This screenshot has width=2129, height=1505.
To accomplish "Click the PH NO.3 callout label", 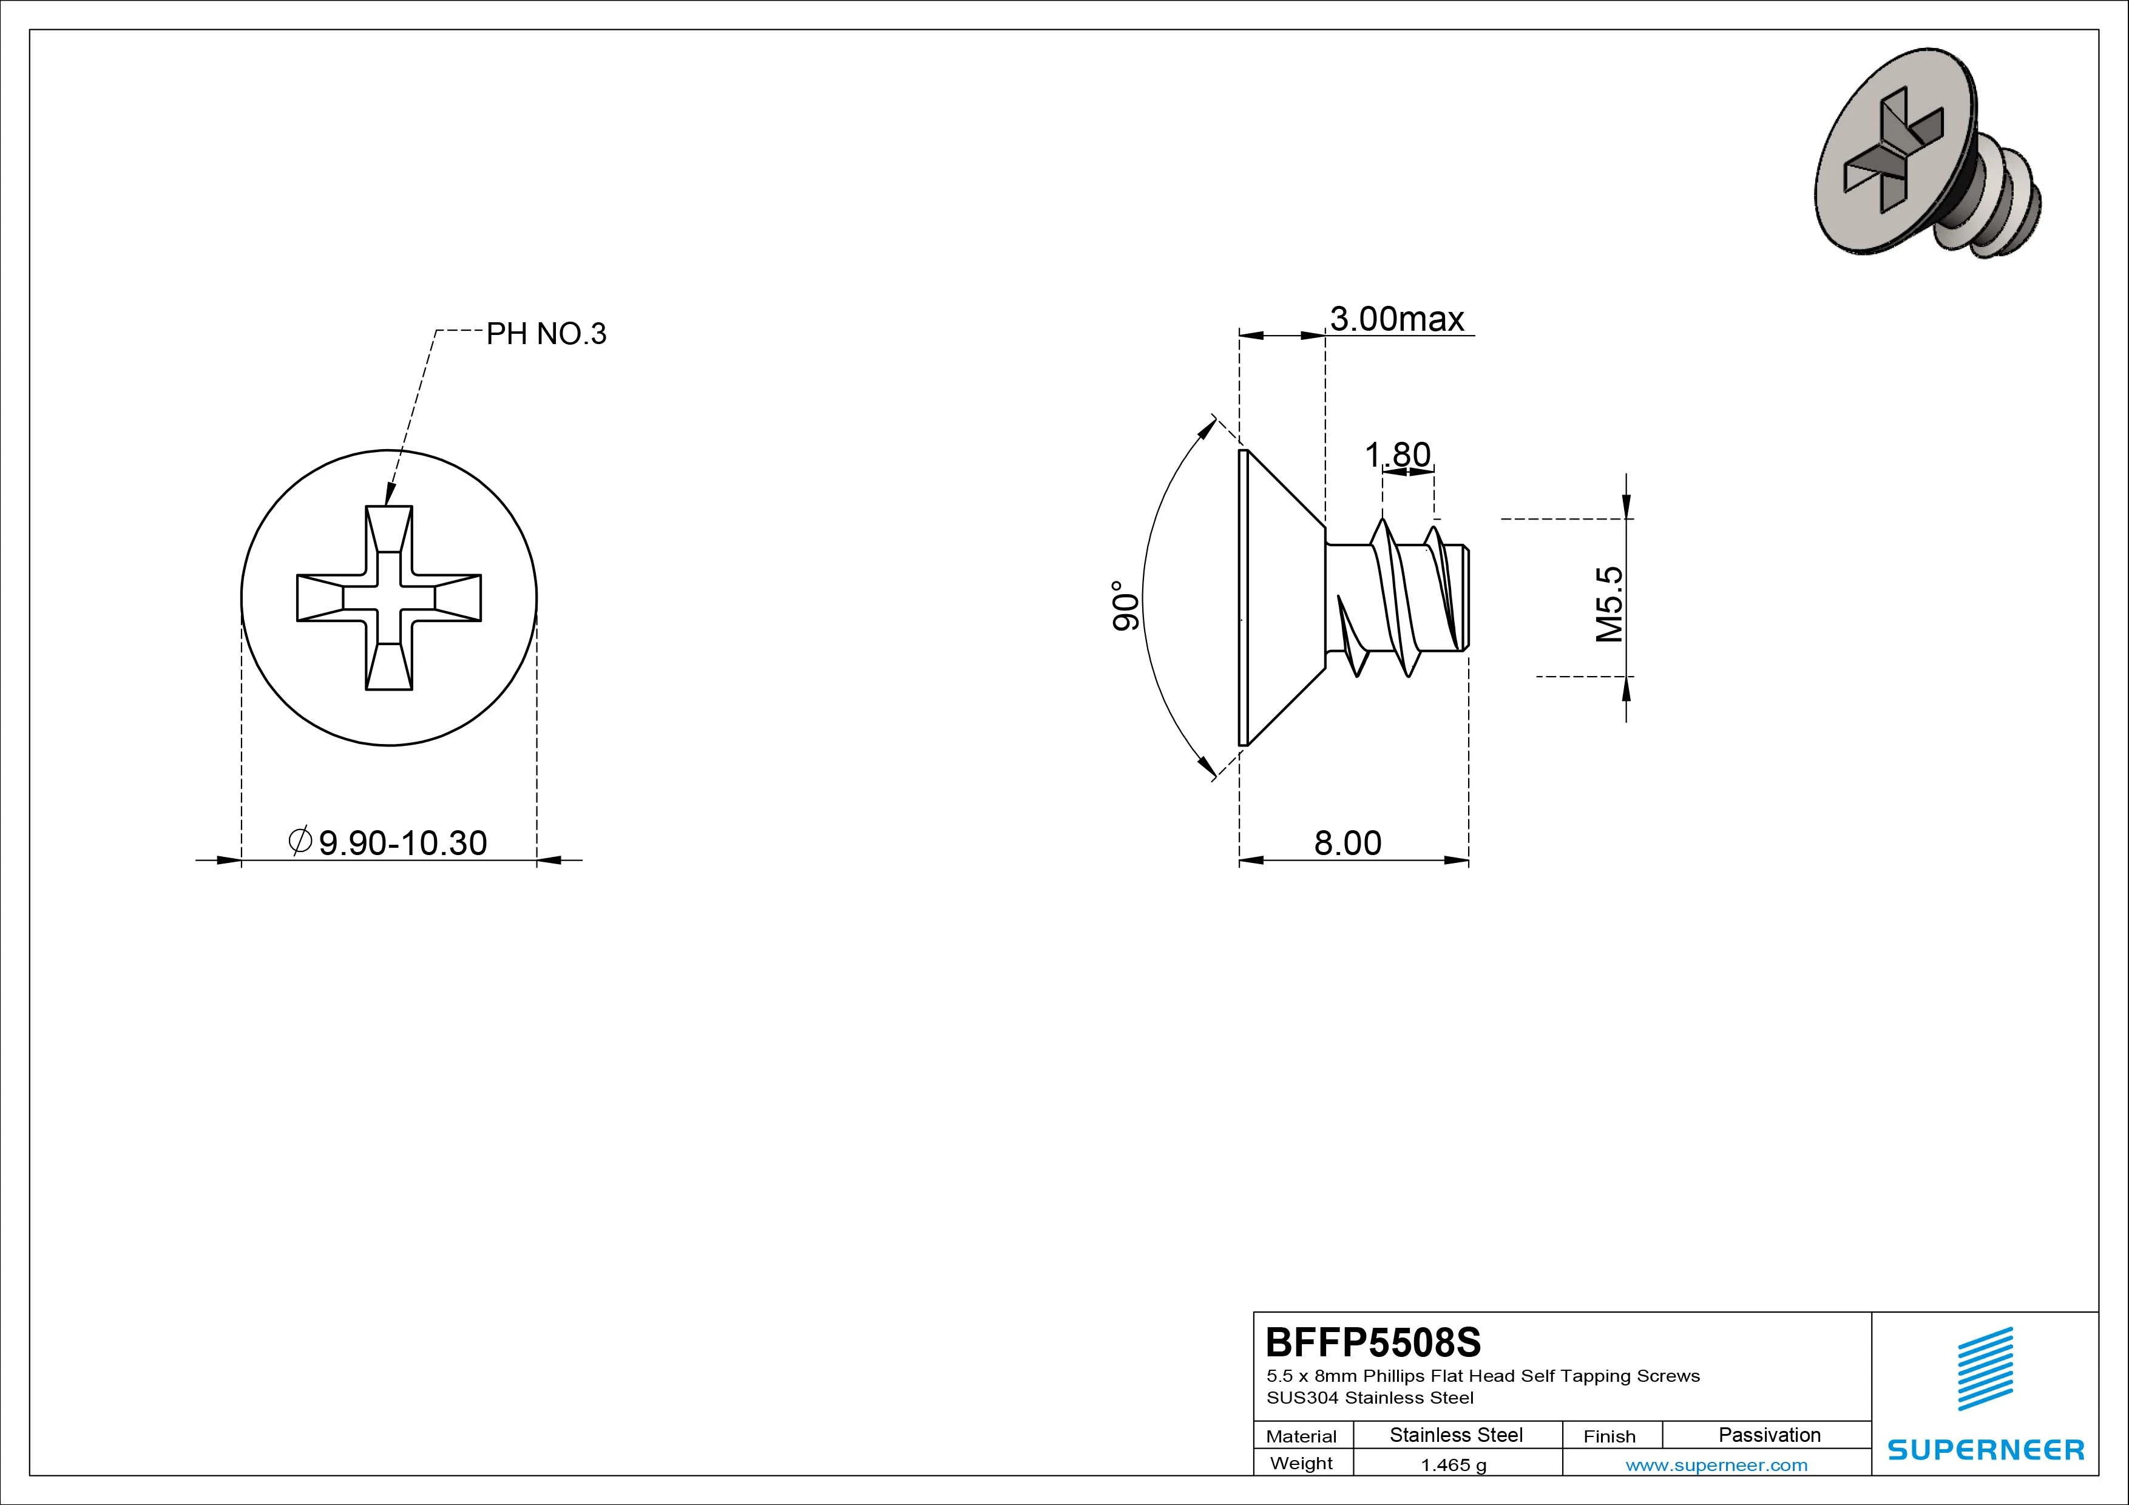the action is click(x=546, y=334).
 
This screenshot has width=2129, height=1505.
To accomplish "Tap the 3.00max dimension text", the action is click(x=1398, y=319).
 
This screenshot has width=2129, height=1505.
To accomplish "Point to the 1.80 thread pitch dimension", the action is click(x=1398, y=455).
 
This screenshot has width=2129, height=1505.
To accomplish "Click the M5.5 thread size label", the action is click(x=1611, y=604).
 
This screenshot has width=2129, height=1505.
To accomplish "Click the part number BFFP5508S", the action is click(x=1373, y=1342).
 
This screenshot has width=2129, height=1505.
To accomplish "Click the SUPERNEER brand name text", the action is click(x=1985, y=1449).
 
